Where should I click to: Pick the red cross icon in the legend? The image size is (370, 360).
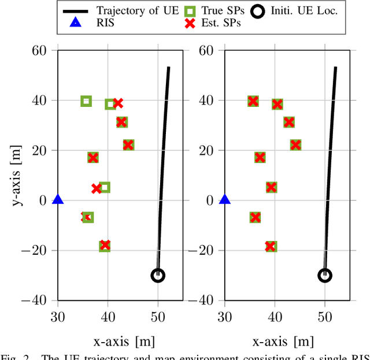(195, 24)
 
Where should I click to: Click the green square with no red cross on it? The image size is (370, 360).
(86, 101)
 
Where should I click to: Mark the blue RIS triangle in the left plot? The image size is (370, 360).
(58, 200)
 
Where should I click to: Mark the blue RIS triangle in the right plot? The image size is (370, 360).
(225, 200)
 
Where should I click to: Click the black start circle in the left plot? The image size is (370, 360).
(158, 276)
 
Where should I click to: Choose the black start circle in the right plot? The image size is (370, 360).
(325, 276)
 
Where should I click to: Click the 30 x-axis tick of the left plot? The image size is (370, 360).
(58, 316)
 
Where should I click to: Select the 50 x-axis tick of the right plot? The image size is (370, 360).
(325, 316)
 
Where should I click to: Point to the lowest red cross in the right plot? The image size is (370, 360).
(271, 246)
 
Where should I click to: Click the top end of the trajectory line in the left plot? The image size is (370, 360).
(168, 68)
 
